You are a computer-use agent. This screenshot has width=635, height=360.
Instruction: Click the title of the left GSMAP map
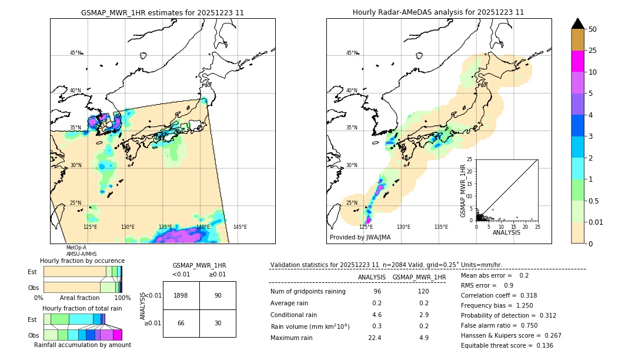pyautogui.click(x=162, y=12)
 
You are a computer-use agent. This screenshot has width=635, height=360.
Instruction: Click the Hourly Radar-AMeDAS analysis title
pyautogui.click(x=438, y=12)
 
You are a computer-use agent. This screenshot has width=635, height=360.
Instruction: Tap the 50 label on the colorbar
pyautogui.click(x=593, y=29)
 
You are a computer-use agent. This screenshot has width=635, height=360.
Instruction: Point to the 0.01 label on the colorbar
pyautogui.click(x=596, y=222)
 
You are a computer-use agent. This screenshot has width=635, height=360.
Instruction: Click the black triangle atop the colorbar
pyautogui.click(x=578, y=24)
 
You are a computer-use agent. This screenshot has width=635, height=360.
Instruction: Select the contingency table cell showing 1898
pyautogui.click(x=181, y=295)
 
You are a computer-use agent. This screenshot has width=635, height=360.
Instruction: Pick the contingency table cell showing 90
pyautogui.click(x=218, y=295)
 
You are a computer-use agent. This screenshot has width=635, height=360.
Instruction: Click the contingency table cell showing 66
pyautogui.click(x=181, y=324)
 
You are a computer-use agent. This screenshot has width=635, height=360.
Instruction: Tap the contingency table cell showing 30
pyautogui.click(x=218, y=324)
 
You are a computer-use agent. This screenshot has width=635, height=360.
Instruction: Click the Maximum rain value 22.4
pyautogui.click(x=375, y=338)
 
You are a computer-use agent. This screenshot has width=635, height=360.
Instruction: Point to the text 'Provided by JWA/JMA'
pyautogui.click(x=360, y=238)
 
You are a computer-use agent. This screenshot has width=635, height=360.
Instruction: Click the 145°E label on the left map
pyautogui.click(x=240, y=227)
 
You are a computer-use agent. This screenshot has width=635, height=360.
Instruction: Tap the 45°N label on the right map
pyautogui.click(x=352, y=53)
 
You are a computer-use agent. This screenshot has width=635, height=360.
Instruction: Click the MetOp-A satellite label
pyautogui.click(x=76, y=248)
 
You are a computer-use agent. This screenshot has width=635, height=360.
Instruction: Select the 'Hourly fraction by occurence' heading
pyautogui.click(x=82, y=261)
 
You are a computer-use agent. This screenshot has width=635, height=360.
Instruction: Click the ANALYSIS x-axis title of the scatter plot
pyautogui.click(x=506, y=232)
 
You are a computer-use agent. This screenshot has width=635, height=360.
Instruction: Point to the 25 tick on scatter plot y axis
pyautogui.click(x=470, y=159)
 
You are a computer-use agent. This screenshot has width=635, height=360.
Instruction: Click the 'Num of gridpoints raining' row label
pyautogui.click(x=308, y=292)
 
